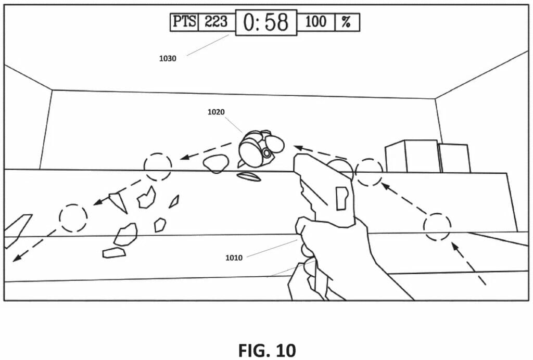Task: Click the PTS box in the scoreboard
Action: (x=184, y=22)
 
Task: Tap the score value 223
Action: (x=215, y=22)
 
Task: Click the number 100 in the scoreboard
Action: (x=315, y=22)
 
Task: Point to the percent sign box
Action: (x=346, y=22)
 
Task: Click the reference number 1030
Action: (x=168, y=58)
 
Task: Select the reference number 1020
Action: (x=216, y=111)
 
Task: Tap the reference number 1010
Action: (x=234, y=257)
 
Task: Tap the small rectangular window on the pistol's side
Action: (x=341, y=198)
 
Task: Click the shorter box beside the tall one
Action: (x=454, y=158)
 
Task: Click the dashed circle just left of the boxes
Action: (x=369, y=172)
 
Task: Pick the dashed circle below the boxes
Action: (x=436, y=227)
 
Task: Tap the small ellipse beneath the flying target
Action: (x=249, y=177)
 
